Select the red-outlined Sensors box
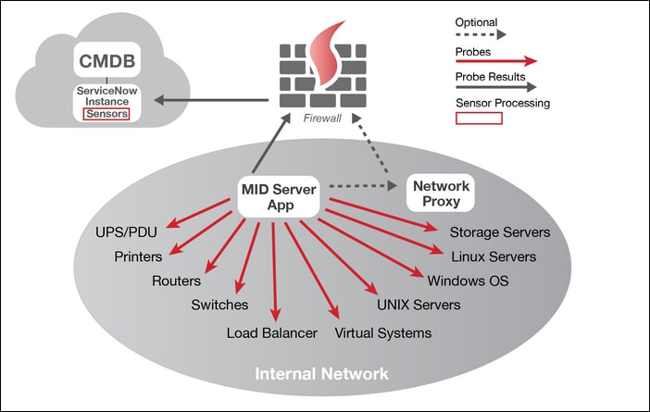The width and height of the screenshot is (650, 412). tap(106, 114)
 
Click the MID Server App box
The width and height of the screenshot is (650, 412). tap(279, 197)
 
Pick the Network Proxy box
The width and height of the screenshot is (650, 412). tap(441, 194)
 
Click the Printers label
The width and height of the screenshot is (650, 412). tap(139, 256)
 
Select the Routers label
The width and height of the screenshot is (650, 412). tap(177, 281)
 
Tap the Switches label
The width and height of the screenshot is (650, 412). tap(219, 305)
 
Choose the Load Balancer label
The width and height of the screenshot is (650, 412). tap(272, 332)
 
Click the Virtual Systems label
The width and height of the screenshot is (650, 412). tap(382, 332)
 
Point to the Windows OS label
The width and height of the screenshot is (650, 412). tap(468, 280)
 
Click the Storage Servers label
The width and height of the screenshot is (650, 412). tap(500, 232)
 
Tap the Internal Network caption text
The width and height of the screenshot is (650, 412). tap(321, 374)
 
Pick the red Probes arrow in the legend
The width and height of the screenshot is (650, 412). tap(495, 60)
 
